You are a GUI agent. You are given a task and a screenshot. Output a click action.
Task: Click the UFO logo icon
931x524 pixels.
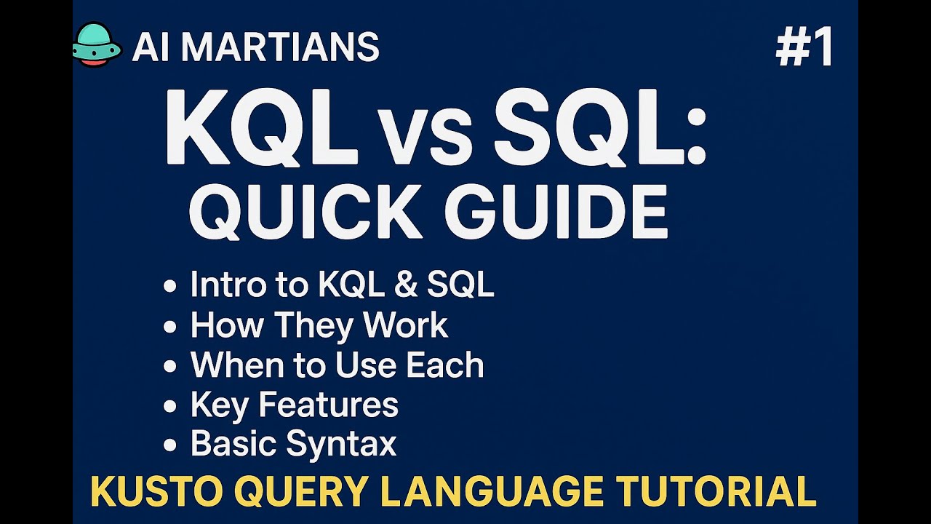pyautogui.click(x=97, y=45)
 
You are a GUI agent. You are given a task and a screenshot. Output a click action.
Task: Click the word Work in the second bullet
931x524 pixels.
pyautogui.click(x=406, y=325)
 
